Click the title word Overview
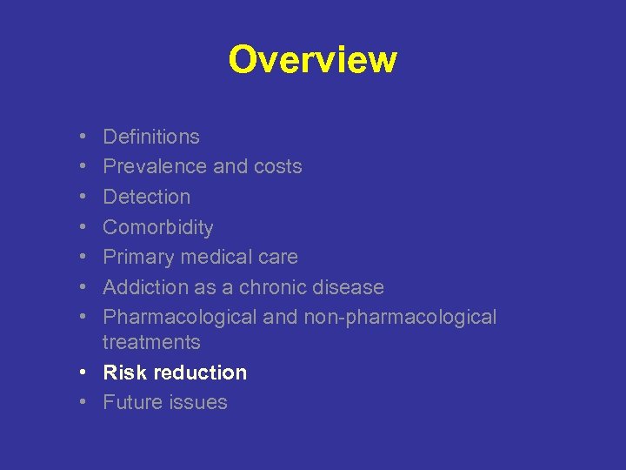tap(312, 60)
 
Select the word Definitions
tap(151, 137)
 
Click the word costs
tap(276, 166)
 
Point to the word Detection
tap(146, 197)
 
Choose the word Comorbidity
tap(158, 227)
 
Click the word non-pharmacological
tap(400, 318)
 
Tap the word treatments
tap(151, 342)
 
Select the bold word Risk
tap(122, 373)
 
